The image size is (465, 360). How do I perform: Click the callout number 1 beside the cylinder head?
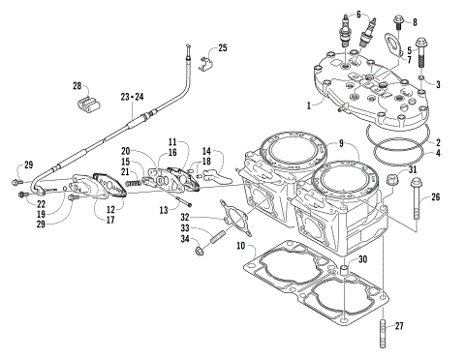(309, 104)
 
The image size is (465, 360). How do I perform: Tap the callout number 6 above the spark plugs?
(357, 15)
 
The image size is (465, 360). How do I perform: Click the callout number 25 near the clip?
(223, 47)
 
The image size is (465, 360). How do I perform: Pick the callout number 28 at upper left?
(78, 86)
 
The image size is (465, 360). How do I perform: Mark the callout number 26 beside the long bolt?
(433, 198)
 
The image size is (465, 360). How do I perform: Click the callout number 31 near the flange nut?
(414, 171)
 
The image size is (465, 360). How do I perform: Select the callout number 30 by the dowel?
(362, 260)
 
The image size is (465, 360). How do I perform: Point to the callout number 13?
(165, 209)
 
